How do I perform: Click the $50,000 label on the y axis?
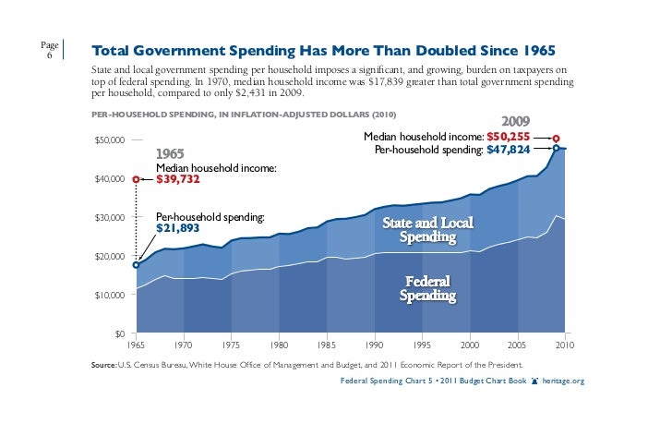[110, 139]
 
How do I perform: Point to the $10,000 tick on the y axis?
[110, 295]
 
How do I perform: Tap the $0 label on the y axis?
[120, 333]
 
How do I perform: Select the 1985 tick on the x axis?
[328, 345]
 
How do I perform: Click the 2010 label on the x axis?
[565, 345]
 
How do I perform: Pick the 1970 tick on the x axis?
[184, 345]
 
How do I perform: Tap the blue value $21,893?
[178, 227]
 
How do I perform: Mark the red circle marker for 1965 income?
[137, 179]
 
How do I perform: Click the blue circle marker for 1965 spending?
[137, 265]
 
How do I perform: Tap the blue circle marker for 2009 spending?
[556, 148]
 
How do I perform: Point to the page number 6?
[50, 55]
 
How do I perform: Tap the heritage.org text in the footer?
[565, 381]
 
